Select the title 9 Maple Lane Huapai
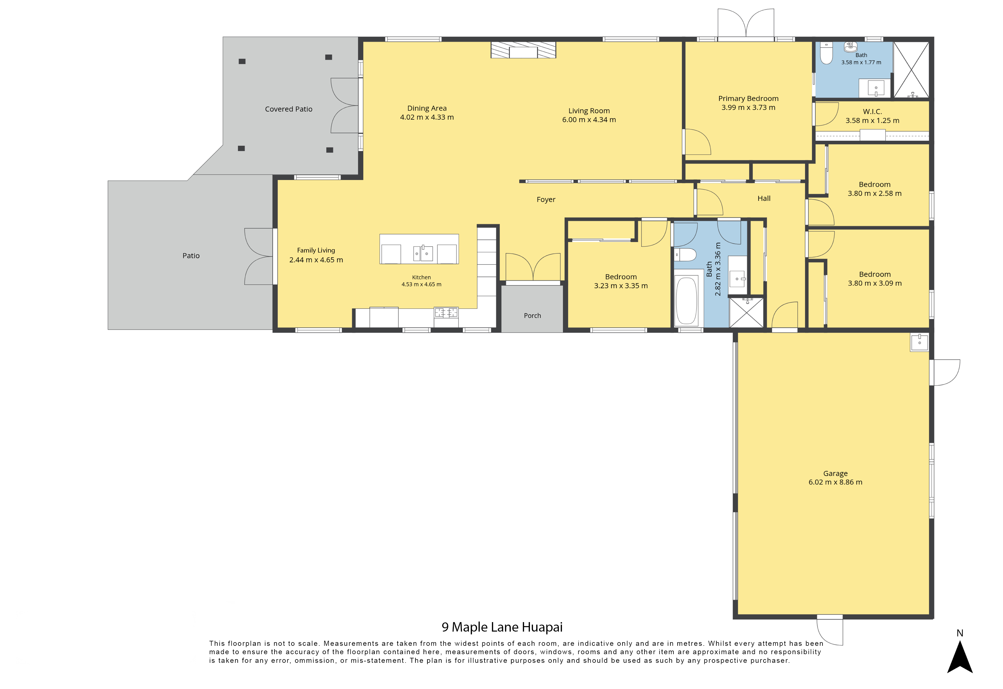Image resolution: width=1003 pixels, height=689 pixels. click(502, 627)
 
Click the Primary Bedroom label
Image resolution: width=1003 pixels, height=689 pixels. click(748, 98)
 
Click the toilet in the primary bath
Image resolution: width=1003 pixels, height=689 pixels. click(826, 53)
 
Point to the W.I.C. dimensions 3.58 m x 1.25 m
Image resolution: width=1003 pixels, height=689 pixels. click(872, 120)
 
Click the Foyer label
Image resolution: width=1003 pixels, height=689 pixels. click(546, 200)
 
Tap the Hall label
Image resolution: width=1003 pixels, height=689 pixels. click(764, 198)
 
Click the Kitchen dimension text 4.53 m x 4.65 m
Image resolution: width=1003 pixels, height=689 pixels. click(421, 285)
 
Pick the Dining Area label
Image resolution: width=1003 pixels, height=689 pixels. click(427, 108)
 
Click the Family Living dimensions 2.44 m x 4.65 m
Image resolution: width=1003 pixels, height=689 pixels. click(316, 260)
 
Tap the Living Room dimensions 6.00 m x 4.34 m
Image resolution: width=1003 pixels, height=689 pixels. click(589, 120)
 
